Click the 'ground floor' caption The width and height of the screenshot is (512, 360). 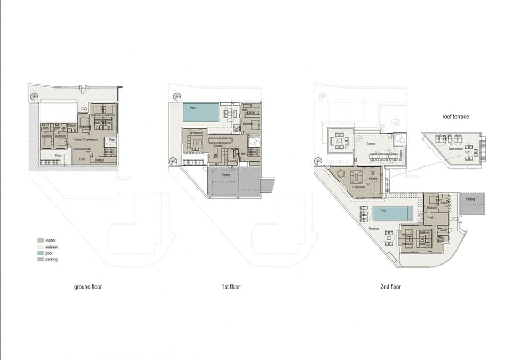(88, 287)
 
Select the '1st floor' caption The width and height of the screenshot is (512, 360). (231, 287)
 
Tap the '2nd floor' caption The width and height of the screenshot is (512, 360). (390, 287)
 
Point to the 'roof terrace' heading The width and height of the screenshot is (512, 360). (455, 116)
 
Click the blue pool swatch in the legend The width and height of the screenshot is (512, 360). (40, 253)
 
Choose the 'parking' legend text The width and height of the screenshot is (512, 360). (52, 260)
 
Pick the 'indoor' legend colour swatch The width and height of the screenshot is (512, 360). (40, 241)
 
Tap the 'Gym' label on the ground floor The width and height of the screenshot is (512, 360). (82, 159)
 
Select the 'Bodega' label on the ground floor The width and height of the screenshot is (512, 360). (99, 159)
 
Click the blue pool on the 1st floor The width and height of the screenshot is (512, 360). (201, 113)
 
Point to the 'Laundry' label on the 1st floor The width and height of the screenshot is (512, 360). (233, 161)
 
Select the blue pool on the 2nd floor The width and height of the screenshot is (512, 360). (392, 214)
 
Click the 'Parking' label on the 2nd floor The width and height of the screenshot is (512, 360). (470, 199)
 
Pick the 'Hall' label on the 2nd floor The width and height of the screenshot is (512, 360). (431, 217)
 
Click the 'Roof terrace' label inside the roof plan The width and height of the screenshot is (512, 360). (454, 149)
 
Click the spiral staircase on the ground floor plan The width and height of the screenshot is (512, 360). (35, 97)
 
